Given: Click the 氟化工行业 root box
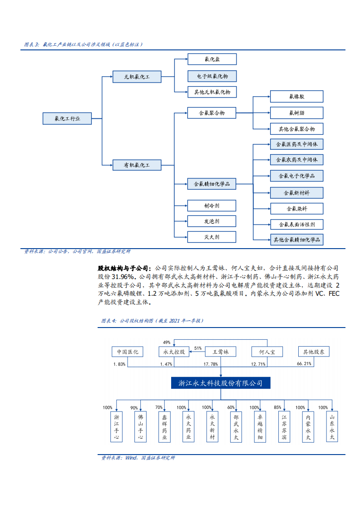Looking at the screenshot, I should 67,119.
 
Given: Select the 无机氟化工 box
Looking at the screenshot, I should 137,77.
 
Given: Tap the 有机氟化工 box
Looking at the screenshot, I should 137,165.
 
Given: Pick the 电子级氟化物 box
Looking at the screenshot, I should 212,76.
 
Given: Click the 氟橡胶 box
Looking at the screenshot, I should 296,96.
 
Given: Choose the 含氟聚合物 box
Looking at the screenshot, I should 212,113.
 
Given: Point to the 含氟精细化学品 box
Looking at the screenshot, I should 212,184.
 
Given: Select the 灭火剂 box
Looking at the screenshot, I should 212,237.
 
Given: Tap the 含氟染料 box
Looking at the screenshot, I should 296,209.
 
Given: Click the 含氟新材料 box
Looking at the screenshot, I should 296,192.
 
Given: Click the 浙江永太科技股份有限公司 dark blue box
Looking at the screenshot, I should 220,383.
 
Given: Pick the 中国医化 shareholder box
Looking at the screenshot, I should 127,352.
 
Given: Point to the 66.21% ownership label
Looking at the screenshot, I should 304,364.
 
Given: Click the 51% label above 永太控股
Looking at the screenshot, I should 198,348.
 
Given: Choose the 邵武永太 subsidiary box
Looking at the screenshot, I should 235,427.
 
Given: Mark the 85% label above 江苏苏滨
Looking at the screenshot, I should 277,407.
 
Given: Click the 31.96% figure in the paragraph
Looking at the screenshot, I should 123,277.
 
